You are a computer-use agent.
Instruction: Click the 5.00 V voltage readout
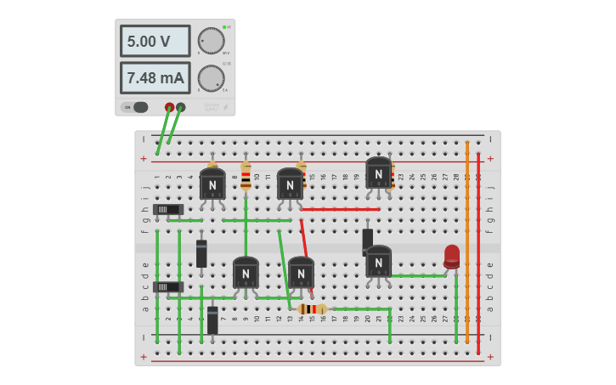tap(155, 41)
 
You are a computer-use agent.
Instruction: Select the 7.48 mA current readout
tap(155, 78)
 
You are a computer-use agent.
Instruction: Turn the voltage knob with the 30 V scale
tap(211, 41)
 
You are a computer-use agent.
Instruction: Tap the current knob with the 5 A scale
tap(211, 78)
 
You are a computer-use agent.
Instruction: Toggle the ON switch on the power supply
tap(137, 107)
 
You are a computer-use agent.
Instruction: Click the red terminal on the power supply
tap(169, 107)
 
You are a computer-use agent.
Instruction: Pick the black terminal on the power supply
tap(181, 107)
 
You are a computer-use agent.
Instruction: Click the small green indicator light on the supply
tap(223, 27)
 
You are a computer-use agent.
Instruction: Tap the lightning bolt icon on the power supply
tap(225, 107)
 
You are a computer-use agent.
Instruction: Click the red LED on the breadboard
tap(451, 256)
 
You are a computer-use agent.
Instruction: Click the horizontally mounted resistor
tap(313, 309)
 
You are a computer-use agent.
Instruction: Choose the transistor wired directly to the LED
tap(378, 262)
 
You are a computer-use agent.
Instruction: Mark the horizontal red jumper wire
tap(340, 209)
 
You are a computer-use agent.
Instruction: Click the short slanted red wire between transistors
tap(303, 236)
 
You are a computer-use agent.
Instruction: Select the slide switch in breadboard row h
tap(168, 209)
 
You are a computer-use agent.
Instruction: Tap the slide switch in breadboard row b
tap(168, 287)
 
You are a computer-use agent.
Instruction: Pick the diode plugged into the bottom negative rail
tap(212, 320)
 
